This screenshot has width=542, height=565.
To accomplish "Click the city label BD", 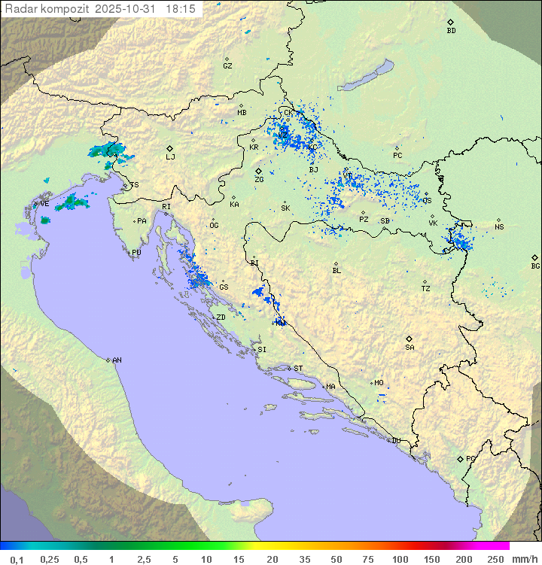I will coord(451,31).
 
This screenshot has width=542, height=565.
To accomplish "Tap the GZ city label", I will coord(227,66).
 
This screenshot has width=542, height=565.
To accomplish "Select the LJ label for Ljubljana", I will coord(170,157).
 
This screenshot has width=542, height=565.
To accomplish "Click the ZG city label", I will coord(259,180).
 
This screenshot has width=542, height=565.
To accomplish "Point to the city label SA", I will coord(410,348).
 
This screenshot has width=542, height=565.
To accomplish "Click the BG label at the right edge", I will coord(535,266).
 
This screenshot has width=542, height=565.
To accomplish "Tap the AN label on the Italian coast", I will coord(117,360).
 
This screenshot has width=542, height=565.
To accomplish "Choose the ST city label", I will coord(298,369).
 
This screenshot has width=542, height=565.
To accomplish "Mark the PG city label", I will coord(470,459).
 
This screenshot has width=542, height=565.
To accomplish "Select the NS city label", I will coord(499,227).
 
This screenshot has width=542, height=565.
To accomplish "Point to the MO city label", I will coord(379,383).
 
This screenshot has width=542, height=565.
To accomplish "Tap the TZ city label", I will coord(426,289).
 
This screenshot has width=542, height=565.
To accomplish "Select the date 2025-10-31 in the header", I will coord(128,8).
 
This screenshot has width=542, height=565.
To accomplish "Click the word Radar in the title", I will coord(19,8).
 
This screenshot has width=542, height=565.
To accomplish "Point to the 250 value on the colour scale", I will coord(495,559).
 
